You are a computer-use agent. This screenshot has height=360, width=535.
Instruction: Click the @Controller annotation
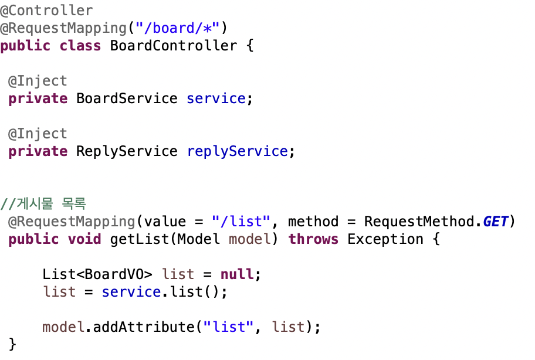[46, 11]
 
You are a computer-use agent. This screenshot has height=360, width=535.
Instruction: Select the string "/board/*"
[177, 28]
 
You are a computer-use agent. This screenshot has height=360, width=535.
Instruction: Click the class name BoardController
[173, 46]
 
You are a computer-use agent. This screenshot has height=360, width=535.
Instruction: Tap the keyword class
[80, 46]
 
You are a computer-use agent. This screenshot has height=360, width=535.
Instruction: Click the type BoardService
[127, 99]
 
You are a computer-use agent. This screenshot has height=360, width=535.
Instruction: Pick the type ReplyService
[127, 151]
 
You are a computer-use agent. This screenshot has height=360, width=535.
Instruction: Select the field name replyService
[238, 151]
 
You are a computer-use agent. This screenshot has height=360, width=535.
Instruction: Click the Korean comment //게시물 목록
[43, 204]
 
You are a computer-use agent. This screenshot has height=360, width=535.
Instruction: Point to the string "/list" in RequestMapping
[241, 222]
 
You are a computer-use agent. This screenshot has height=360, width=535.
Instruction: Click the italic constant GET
[496, 222]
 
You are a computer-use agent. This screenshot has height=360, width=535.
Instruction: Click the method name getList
[139, 239]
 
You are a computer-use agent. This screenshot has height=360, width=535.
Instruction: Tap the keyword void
[84, 239]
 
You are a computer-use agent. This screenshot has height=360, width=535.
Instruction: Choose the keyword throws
[313, 239]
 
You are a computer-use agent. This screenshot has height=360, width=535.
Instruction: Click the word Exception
[385, 239]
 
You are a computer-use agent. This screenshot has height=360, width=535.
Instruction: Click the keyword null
[237, 274]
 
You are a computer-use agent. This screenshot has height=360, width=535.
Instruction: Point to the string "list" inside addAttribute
[228, 327]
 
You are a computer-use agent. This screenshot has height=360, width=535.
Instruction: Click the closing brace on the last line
[13, 344]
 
